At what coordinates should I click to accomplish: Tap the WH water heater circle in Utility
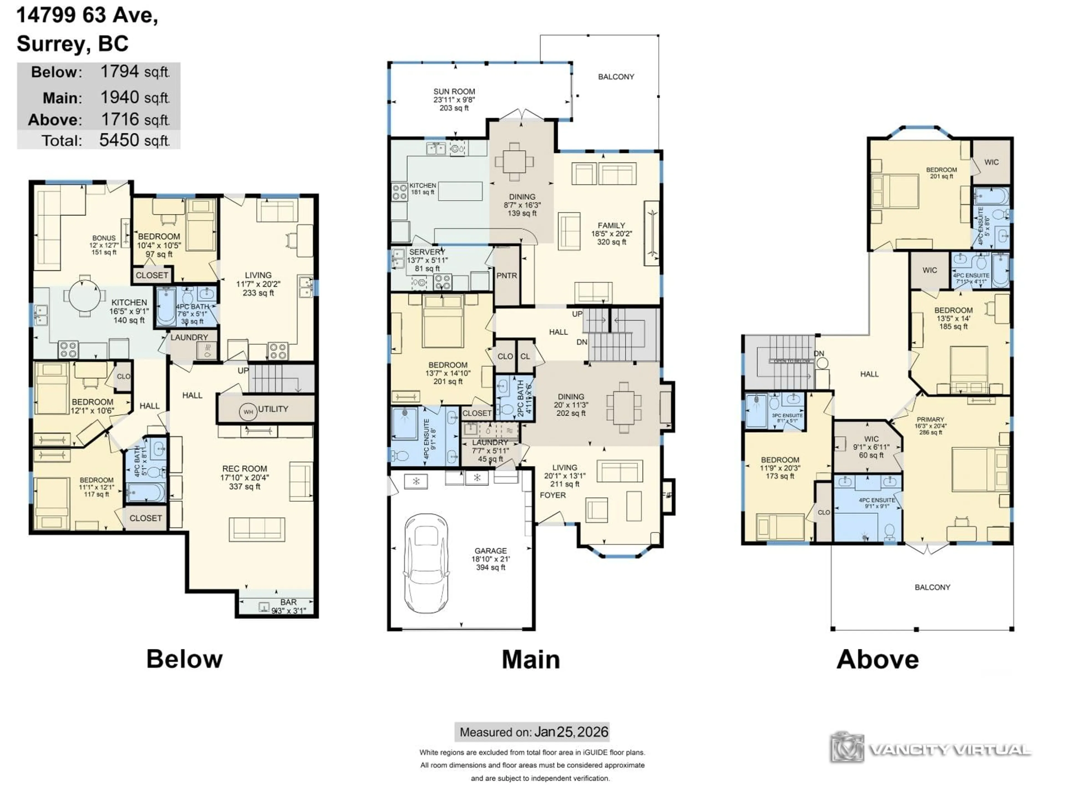[248, 412]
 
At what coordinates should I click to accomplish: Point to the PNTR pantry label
[506, 276]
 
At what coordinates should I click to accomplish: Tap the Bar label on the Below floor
[288, 602]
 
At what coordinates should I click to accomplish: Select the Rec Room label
[245, 469]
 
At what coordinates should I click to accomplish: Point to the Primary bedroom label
[930, 420]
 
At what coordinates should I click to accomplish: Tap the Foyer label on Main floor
[553, 495]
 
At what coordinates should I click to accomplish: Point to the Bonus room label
[104, 238]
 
